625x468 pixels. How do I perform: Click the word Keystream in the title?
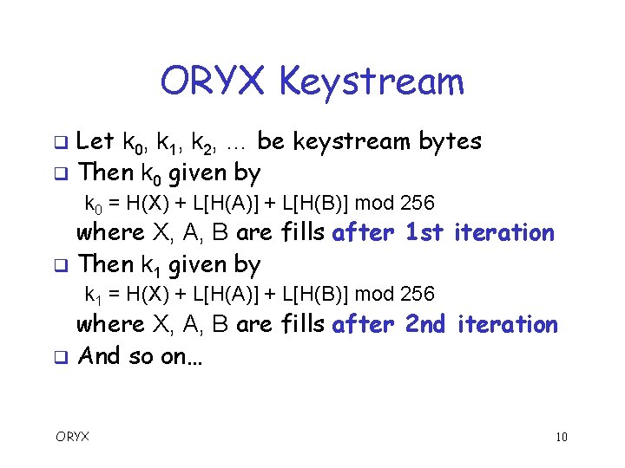[x=372, y=83]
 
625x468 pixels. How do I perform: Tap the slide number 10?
[x=562, y=437]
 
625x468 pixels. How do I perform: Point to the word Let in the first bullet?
[x=96, y=141]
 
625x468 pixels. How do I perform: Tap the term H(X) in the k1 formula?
[x=142, y=295]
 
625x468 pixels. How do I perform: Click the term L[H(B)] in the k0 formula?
[x=316, y=204]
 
